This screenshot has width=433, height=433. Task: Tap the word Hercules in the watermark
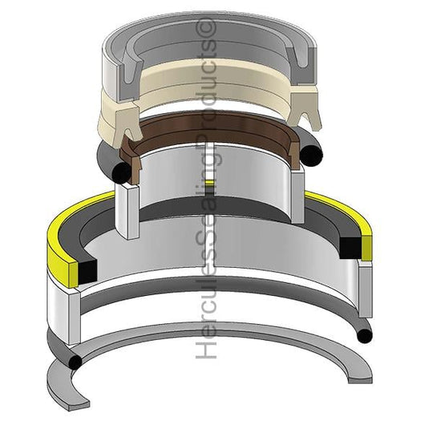tap(206, 315)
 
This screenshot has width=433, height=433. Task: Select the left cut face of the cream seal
tap(126, 125)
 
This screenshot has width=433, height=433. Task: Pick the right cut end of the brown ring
tap(294, 152)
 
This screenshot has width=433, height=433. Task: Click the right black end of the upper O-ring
tap(311, 156)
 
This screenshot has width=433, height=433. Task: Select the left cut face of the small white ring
tap(127, 211)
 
